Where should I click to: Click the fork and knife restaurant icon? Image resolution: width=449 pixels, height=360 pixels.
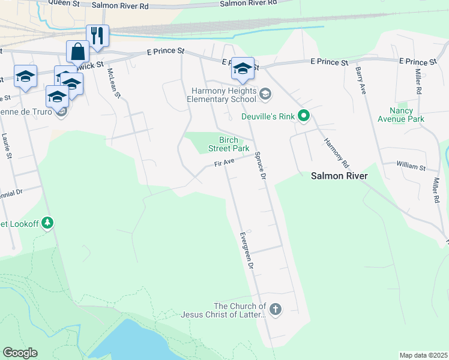click(97, 35)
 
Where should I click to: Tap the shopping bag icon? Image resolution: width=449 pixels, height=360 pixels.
click(78, 52)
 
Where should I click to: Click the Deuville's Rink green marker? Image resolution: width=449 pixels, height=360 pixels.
click(304, 116)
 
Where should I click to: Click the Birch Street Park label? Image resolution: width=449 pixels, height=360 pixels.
click(229, 144)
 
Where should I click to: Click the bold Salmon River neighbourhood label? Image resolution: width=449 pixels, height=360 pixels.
click(339, 176)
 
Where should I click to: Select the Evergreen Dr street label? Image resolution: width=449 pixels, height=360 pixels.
click(247, 254)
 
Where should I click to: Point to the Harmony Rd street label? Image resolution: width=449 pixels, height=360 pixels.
click(336, 152)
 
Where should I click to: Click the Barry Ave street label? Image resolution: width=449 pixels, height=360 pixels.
click(361, 80)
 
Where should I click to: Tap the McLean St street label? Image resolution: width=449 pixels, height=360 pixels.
click(114, 83)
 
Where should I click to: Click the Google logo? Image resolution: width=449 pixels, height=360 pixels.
click(20, 353)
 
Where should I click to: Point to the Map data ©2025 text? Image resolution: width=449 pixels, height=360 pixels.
click(423, 355)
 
